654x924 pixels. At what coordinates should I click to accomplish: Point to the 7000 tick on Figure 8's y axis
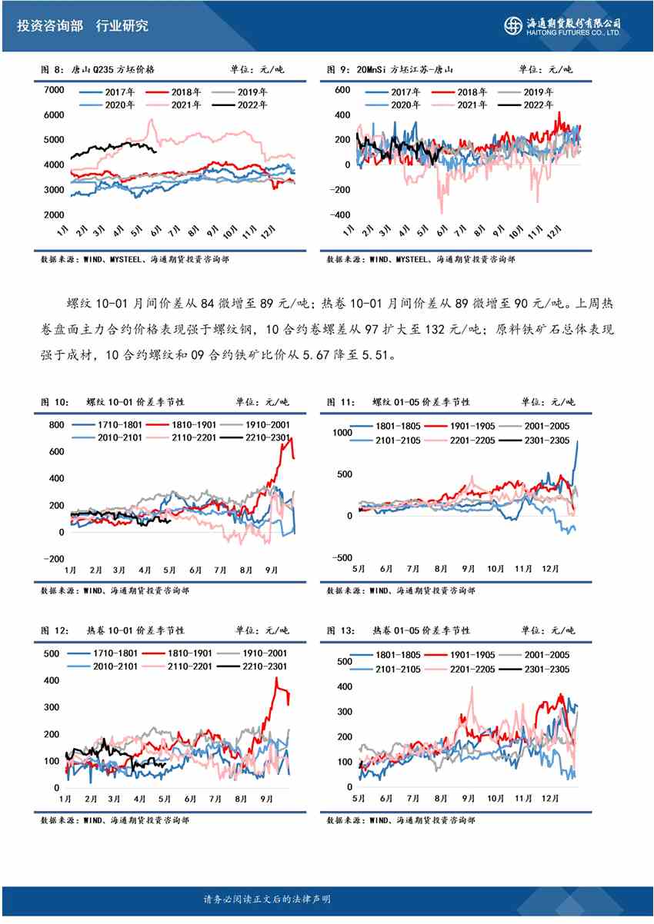click(x=53, y=91)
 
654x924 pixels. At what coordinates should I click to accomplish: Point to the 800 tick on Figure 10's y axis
click(x=55, y=425)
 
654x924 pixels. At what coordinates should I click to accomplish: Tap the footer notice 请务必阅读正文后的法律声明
click(x=266, y=899)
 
